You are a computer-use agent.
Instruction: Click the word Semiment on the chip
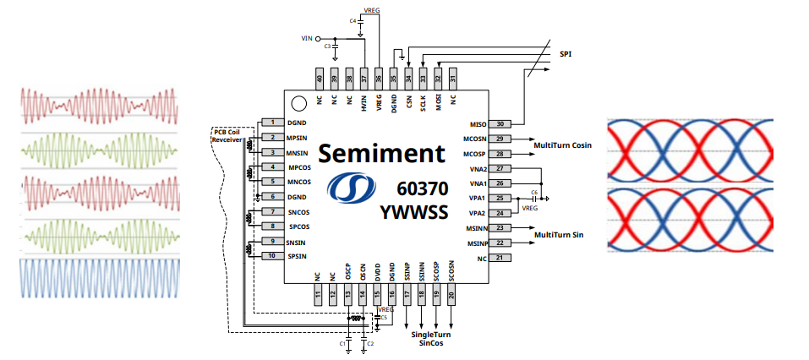pos(380,153)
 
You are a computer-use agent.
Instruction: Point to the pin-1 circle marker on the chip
pos(298,105)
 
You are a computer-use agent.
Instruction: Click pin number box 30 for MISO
pos(500,124)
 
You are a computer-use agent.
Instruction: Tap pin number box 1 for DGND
pos(272,123)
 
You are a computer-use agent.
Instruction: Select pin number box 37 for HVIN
pos(364,78)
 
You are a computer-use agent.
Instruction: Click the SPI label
pos(568,55)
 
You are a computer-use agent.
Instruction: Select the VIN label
pos(307,39)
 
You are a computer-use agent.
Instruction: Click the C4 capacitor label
pos(353,20)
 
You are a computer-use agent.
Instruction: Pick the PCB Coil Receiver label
pos(227,136)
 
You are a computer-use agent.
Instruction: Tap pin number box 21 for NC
pos(500,257)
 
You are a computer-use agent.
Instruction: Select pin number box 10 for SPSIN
pos(272,255)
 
